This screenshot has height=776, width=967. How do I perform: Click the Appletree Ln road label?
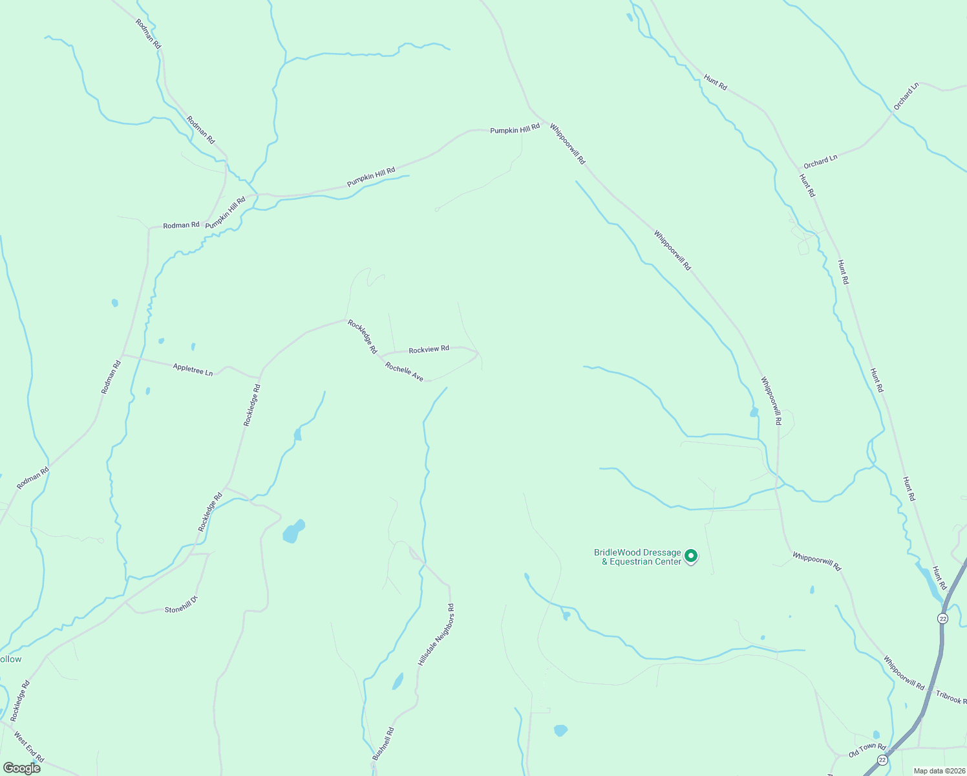point(193,370)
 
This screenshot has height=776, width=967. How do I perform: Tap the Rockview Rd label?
point(429,349)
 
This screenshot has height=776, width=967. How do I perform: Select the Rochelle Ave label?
point(404,372)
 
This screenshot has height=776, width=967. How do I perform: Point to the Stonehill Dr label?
point(180,605)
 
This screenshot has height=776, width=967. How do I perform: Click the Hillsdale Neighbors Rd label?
point(436,635)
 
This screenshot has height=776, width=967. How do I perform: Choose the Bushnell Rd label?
point(383,744)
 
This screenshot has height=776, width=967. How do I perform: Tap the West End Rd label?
point(29,747)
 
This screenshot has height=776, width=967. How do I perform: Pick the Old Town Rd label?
point(867,750)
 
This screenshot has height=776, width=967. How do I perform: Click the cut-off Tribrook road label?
point(950,697)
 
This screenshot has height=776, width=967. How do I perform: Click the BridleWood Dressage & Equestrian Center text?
point(637,557)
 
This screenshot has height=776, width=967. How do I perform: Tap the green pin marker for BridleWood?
point(691,555)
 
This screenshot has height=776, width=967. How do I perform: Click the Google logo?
point(22,768)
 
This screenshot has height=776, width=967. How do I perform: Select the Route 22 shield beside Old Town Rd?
point(882,759)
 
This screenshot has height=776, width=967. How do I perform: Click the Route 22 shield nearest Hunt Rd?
point(942,619)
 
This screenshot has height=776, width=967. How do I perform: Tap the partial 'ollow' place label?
point(11,660)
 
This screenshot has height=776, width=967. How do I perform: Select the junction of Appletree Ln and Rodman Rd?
point(122,355)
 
